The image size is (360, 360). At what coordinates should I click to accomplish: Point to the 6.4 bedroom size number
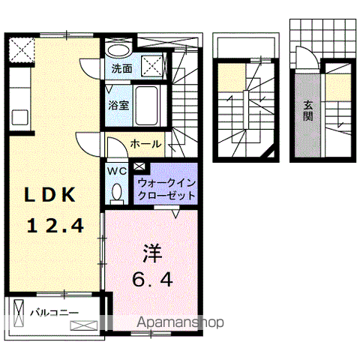[154, 280]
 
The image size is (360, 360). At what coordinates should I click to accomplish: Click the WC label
[116, 170]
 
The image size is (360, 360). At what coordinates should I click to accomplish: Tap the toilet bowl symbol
[116, 193]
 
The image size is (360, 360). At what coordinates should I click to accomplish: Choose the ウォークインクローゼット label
[166, 189]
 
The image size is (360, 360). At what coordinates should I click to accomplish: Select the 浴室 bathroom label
[118, 104]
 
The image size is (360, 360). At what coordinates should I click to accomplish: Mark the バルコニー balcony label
[49, 310]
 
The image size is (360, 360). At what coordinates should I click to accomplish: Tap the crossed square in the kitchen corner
[22, 51]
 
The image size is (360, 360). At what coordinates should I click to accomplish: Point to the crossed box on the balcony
[83, 325]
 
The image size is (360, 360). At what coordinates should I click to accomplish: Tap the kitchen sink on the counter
[19, 117]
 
